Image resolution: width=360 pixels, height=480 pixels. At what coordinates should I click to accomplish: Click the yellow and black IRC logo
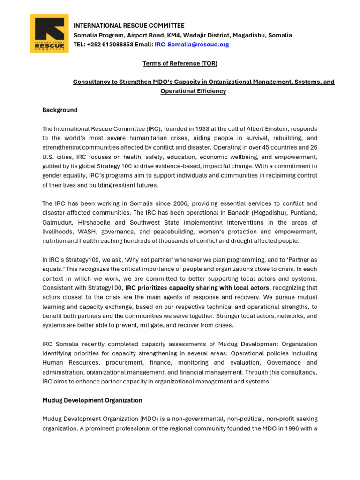click(49, 33)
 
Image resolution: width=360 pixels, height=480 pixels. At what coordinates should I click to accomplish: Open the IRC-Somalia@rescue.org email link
click(192, 45)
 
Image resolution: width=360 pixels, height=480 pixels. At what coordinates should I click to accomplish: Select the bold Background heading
click(60, 110)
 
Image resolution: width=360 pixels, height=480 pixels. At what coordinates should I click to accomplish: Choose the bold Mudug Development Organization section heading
click(92, 400)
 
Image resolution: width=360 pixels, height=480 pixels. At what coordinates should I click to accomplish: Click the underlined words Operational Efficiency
click(193, 91)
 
